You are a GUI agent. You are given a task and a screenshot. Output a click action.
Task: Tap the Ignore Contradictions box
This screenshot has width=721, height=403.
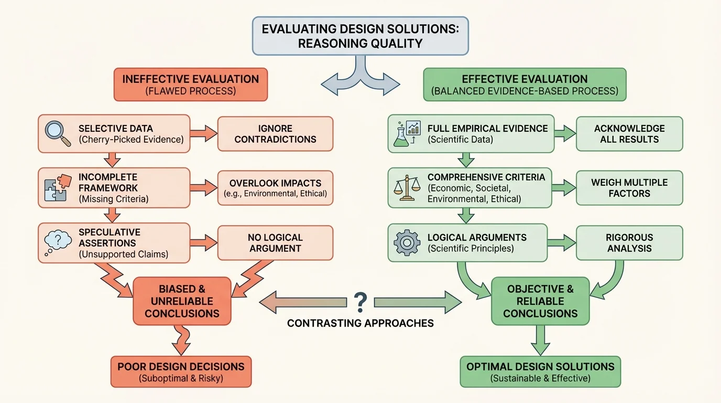(x=275, y=134)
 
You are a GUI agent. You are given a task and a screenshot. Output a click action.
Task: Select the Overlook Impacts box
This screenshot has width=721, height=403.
(x=275, y=188)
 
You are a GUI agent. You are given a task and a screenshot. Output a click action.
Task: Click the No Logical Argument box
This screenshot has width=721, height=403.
(x=275, y=243)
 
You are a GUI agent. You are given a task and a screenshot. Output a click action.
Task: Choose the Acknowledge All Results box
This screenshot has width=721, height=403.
(x=629, y=134)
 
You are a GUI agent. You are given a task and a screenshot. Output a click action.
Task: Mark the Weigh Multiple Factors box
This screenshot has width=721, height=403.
(x=629, y=188)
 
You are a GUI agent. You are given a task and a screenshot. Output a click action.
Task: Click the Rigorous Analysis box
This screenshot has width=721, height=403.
(x=629, y=243)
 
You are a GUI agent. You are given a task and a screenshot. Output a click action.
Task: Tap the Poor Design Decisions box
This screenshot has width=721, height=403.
(x=181, y=372)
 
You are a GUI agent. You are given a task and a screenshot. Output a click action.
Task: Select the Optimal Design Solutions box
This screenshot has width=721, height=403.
(x=540, y=372)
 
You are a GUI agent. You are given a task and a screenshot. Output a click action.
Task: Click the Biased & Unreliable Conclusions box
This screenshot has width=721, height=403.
(x=182, y=301)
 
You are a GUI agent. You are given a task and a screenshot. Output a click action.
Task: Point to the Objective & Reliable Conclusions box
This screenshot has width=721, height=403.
(x=540, y=301)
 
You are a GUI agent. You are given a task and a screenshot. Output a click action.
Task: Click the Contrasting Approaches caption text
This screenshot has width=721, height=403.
(x=360, y=323)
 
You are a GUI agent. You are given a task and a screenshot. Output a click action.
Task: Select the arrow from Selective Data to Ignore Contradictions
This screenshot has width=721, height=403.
(x=202, y=134)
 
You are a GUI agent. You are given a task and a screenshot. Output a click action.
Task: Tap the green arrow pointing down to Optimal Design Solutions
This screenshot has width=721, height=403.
(x=540, y=340)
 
